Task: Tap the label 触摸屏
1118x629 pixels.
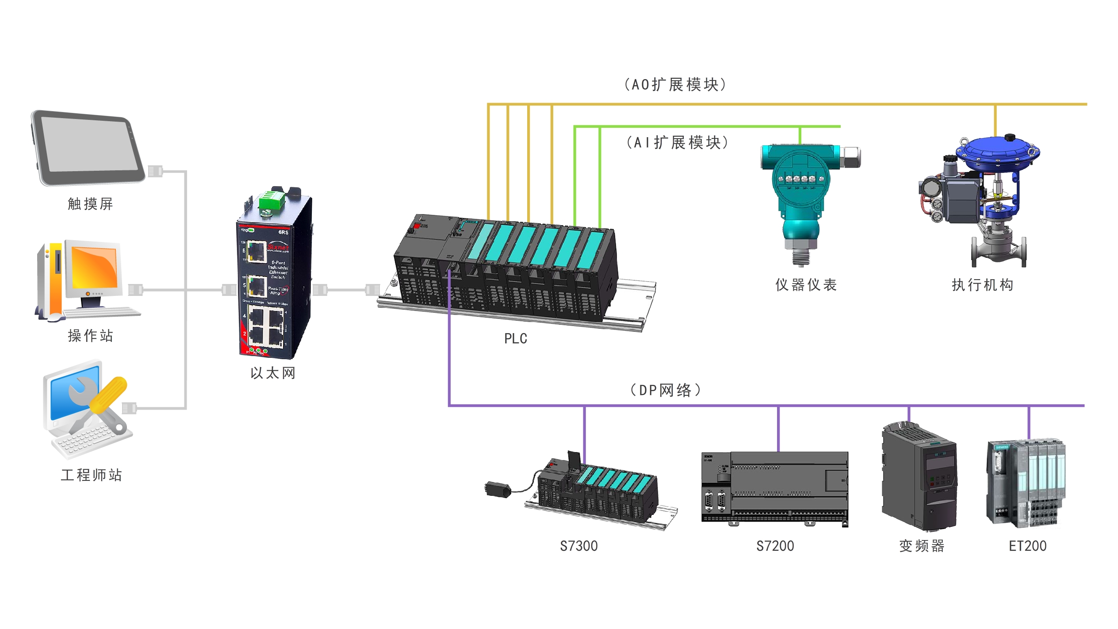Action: [90, 204]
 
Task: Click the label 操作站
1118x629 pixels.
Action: [90, 336]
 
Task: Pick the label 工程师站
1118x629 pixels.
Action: [91, 475]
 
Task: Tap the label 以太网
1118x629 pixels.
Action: [273, 373]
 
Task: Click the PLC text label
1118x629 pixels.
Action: [516, 338]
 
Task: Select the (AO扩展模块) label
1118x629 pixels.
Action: [675, 84]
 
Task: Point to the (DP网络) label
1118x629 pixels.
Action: [666, 390]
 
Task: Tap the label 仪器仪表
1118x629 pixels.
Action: [806, 285]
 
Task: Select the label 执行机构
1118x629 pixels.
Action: [982, 285]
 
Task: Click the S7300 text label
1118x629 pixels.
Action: [578, 546]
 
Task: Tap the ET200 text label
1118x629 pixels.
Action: [1027, 546]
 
